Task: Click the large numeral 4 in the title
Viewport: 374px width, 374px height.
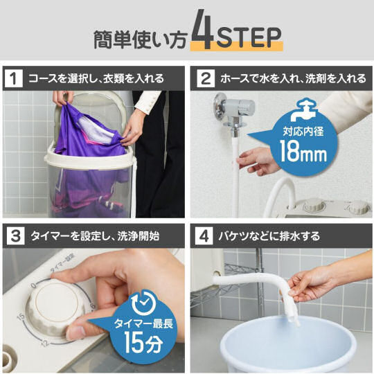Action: click(x=202, y=29)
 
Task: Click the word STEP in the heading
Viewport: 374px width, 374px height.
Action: click(x=249, y=37)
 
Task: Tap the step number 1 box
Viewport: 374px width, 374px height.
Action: click(x=14, y=78)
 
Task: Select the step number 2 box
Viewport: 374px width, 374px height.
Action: click(x=206, y=78)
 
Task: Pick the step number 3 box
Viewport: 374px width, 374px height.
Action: click(x=15, y=236)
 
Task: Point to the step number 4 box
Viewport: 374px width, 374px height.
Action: click(x=204, y=236)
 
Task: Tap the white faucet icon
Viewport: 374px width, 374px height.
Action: click(x=303, y=110)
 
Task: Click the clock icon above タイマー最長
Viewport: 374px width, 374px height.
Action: click(x=144, y=303)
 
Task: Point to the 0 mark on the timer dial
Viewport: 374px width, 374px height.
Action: click(x=34, y=285)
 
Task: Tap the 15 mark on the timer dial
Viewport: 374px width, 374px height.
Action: click(x=21, y=317)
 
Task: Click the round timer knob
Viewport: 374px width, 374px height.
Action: click(x=55, y=307)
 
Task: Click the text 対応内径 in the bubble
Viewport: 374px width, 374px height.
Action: click(x=303, y=131)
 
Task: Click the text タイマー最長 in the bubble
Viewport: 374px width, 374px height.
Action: click(x=143, y=323)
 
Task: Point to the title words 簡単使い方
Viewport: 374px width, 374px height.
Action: click(x=139, y=39)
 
